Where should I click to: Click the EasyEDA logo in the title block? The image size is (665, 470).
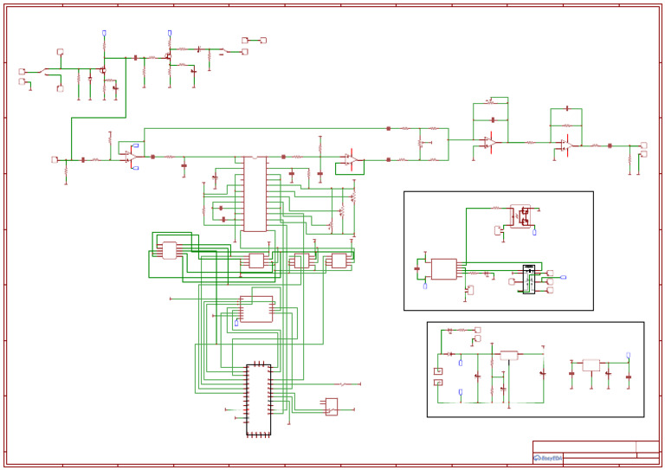pyautogui.click(x=547, y=458)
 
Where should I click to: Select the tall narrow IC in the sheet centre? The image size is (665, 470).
pyautogui.click(x=255, y=194)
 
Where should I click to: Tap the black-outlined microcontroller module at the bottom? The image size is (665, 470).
pyautogui.click(x=258, y=399)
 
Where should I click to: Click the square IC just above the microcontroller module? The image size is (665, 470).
pyautogui.click(x=256, y=309)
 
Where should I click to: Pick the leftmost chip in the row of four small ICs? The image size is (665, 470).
pyautogui.click(x=170, y=250)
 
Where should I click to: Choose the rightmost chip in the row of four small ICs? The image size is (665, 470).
pyautogui.click(x=339, y=261)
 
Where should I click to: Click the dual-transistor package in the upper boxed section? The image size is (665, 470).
pyautogui.click(x=520, y=216)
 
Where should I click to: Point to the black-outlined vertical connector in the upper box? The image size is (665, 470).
pyautogui.click(x=528, y=279)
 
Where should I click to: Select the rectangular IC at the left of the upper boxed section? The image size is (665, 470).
pyautogui.click(x=443, y=269)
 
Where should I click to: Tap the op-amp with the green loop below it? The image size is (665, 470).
pyautogui.click(x=351, y=159)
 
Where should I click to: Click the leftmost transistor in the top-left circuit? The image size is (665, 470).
pyautogui.click(x=102, y=70)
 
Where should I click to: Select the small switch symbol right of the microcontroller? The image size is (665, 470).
pyautogui.click(x=331, y=406)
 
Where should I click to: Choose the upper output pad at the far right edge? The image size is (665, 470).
pyautogui.click(x=643, y=145)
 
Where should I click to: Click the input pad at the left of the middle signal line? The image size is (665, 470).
pyautogui.click(x=55, y=159)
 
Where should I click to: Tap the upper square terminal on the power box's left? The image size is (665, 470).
pyautogui.click(x=438, y=371)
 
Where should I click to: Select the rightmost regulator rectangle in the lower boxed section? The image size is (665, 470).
pyautogui.click(x=591, y=365)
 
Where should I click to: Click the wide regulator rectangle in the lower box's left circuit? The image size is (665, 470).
pyautogui.click(x=509, y=355)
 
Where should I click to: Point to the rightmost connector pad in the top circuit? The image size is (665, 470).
pyautogui.click(x=263, y=40)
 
